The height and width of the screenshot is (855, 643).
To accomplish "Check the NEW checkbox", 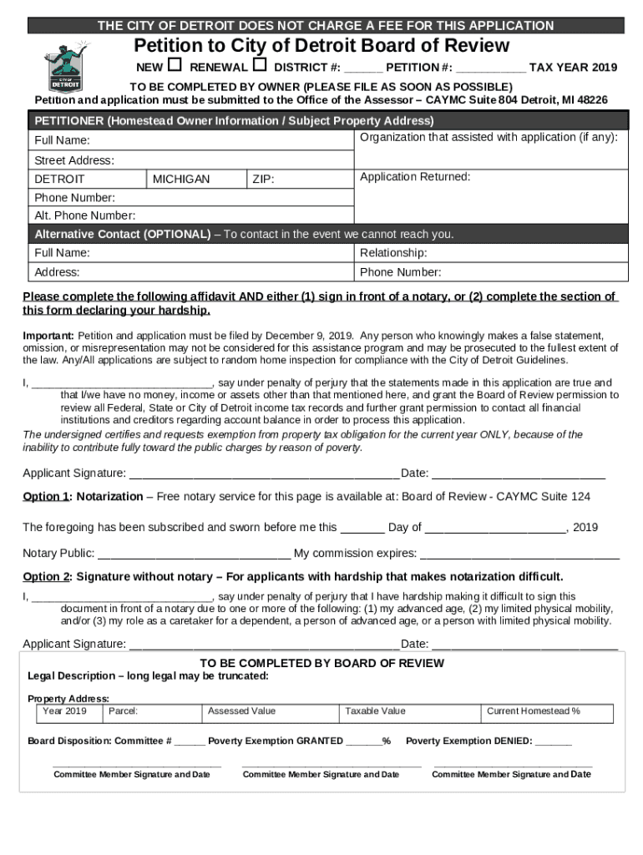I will pos(175,65).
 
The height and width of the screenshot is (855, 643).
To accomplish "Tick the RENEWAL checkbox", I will pos(259,65).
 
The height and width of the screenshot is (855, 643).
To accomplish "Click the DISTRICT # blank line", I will pos(362,68).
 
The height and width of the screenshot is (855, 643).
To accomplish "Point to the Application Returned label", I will pos(415,177).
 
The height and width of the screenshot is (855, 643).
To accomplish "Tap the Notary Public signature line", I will pos(194,554).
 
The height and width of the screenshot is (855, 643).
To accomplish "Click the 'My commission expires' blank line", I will pos(519,554).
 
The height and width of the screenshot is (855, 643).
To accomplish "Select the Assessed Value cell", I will pos(271,712).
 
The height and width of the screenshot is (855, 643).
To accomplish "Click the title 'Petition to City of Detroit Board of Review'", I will pos(321,46).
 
